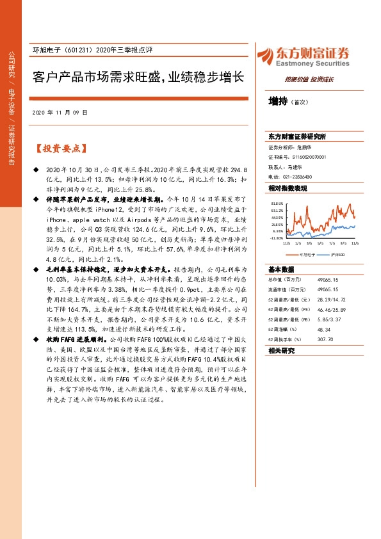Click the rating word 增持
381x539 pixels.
[278, 101]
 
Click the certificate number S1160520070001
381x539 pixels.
[309, 156]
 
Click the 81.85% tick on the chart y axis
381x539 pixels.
[277, 204]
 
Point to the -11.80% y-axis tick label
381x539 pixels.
[276, 238]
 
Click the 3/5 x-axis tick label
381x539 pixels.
[311, 243]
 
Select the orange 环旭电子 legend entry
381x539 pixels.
[304, 254]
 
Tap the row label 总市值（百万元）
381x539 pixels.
[284, 279]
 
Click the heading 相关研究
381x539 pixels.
[281, 351]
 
